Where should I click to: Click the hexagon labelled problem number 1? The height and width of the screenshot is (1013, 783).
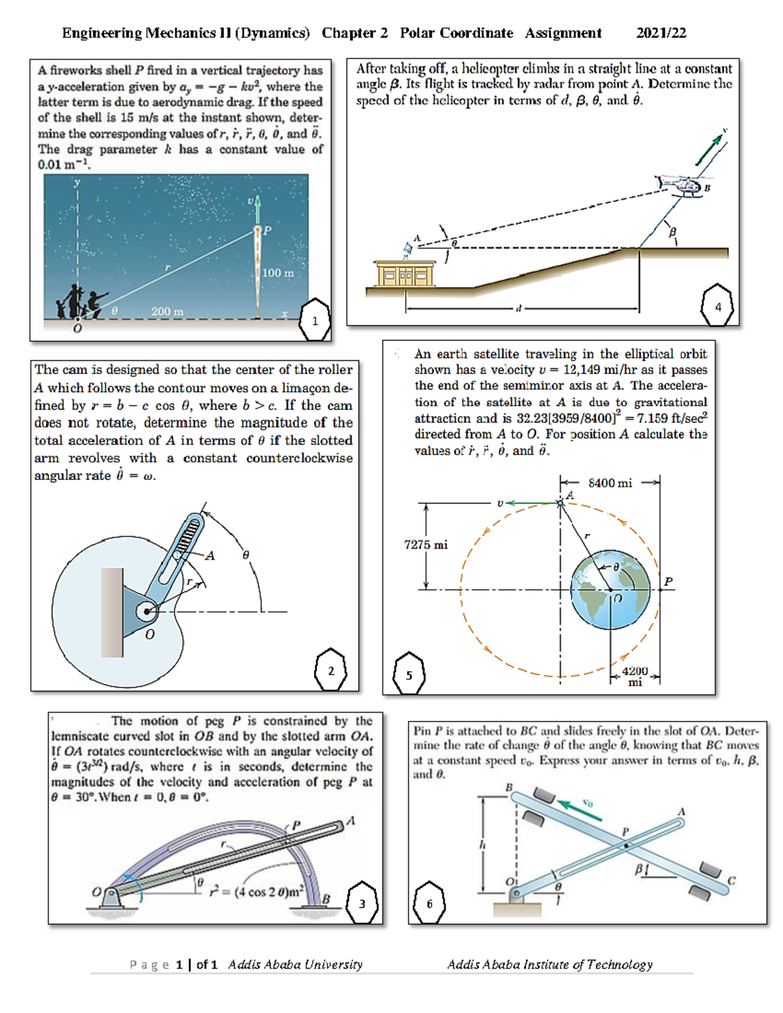(315, 320)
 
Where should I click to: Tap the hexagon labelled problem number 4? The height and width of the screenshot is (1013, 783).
(717, 306)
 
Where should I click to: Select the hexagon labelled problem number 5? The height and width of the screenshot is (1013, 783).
(409, 674)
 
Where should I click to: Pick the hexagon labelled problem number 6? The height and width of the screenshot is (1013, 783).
(429, 903)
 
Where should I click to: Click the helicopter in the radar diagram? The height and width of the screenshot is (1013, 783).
(681, 185)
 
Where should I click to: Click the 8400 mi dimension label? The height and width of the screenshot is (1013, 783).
(609, 483)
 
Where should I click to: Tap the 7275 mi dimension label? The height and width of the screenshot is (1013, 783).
(425, 545)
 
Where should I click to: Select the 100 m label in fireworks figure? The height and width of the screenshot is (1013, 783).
(278, 273)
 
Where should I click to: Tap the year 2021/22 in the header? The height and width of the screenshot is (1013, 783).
(661, 33)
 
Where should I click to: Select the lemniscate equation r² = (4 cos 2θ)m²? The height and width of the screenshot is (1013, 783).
(256, 892)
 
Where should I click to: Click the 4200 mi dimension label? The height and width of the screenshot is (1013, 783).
(635, 676)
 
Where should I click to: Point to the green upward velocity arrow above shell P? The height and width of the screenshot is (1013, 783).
(258, 209)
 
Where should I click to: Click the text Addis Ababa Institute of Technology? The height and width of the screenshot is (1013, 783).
(549, 964)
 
